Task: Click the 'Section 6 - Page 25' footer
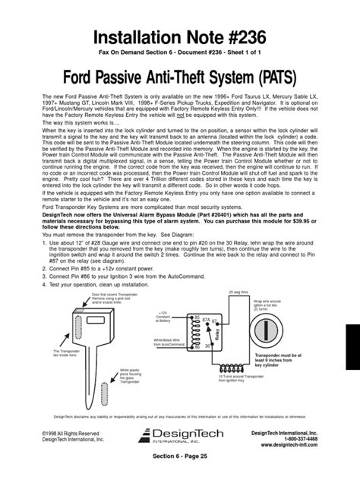pos(179,469)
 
